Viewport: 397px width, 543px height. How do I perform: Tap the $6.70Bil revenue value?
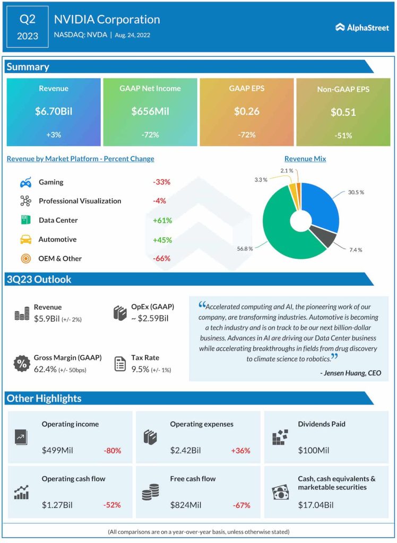coord(53,111)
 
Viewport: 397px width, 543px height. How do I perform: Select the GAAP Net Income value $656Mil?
coord(150,111)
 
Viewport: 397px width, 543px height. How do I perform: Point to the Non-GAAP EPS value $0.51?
coord(343,112)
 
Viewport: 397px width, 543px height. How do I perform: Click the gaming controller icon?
coord(25,182)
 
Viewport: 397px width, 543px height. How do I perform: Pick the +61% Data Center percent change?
coord(162,221)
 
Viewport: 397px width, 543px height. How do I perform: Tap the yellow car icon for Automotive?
coord(25,240)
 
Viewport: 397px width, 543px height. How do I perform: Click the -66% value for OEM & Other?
coord(161,259)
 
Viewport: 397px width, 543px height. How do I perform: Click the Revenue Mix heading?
coord(305,159)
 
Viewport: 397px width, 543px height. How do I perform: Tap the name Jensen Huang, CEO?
coord(351,373)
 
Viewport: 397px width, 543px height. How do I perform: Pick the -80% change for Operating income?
coord(112,451)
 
